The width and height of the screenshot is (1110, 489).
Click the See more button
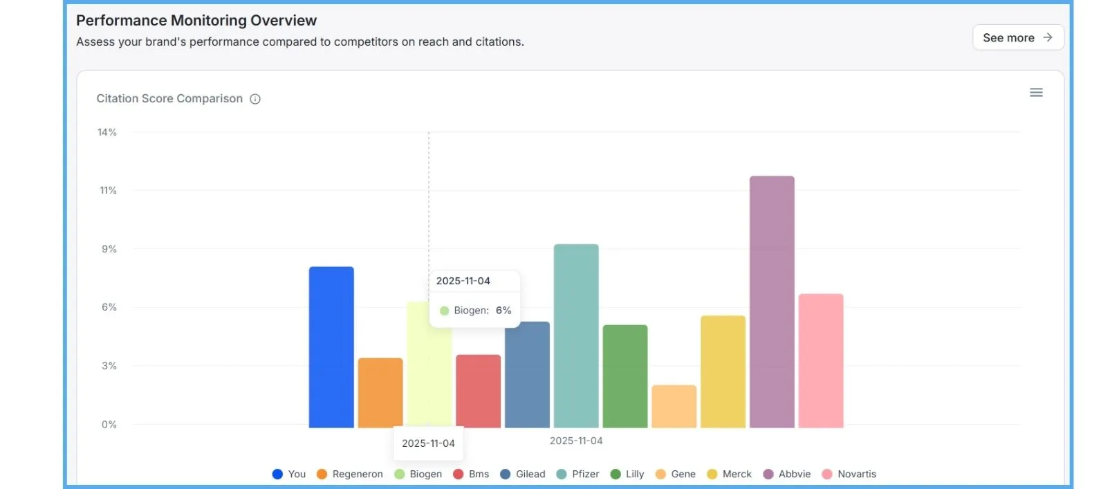[x=1017, y=37]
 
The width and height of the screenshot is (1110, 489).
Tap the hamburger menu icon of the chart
[x=1035, y=93]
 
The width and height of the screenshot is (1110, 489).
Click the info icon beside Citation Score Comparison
[x=255, y=99]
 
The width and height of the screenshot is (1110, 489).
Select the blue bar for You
[x=331, y=347]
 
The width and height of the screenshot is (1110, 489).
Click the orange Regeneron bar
[x=380, y=392]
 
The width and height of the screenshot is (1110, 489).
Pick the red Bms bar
[x=478, y=391]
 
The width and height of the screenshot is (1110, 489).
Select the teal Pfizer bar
[x=576, y=335]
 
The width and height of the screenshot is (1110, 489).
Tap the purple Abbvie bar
[x=772, y=302]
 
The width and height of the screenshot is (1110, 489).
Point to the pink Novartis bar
[x=821, y=360]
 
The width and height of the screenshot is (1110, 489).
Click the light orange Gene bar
[x=674, y=406]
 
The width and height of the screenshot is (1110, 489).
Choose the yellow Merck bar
[x=723, y=371]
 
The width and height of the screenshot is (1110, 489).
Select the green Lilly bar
[x=625, y=376]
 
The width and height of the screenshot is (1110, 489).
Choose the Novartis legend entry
[x=849, y=474]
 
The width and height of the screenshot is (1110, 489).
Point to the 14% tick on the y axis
[x=107, y=132]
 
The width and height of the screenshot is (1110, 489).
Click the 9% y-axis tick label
[x=109, y=249]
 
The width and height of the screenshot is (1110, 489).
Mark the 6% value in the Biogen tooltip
[x=503, y=311]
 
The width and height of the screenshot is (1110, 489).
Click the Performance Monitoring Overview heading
[x=196, y=21]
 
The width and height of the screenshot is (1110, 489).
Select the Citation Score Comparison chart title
[x=169, y=98]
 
